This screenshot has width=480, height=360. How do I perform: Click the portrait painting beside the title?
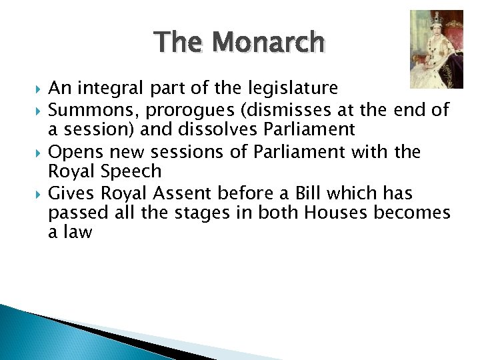(x=436, y=49)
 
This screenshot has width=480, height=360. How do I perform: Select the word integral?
(x=111, y=88)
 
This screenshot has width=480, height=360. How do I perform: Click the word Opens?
(x=72, y=151)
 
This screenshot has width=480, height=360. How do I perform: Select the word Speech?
(x=132, y=172)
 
